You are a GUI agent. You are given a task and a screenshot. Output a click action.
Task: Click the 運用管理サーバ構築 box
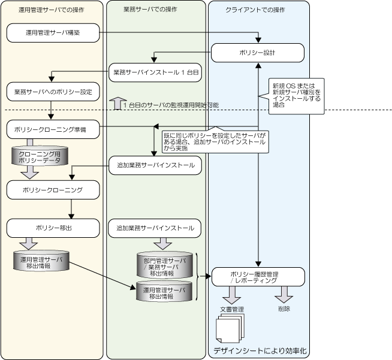coord(53,34)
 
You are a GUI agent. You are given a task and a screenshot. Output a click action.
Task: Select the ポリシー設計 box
coord(258,53)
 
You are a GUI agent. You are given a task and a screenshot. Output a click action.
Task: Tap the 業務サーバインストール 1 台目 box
coord(155,72)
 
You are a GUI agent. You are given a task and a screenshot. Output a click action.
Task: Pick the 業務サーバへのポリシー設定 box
coord(53,92)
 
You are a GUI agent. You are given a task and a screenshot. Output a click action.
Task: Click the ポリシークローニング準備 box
coord(53,129)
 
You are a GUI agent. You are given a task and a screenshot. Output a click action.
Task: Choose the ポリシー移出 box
coord(53,228)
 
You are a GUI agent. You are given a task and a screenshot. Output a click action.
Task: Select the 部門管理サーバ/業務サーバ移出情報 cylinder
coord(165,264)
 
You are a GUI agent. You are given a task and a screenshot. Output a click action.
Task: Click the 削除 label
coord(284,308)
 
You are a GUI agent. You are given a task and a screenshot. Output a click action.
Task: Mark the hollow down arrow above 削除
coord(284,295)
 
